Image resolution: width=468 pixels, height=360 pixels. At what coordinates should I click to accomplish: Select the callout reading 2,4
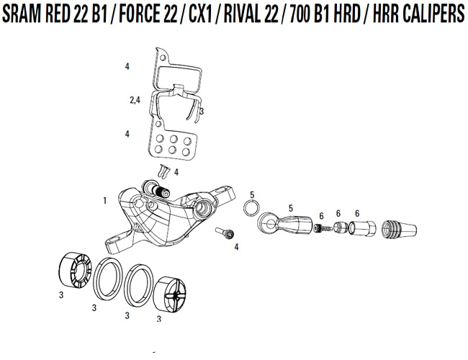click(134, 102)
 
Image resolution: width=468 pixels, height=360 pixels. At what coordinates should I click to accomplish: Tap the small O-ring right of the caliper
click(251, 208)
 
